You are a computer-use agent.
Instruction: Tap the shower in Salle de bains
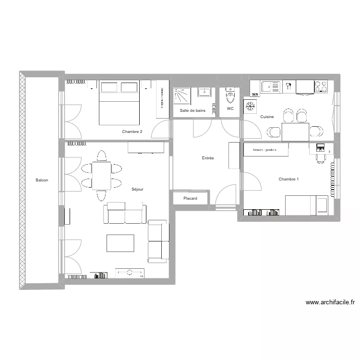(x=182, y=96)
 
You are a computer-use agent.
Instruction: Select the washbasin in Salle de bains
(x=204, y=92)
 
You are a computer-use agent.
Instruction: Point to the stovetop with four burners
(x=321, y=86)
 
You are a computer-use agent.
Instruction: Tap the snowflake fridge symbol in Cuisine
(x=250, y=105)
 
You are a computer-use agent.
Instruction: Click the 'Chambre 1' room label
(x=288, y=179)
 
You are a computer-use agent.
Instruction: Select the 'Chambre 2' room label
(x=132, y=132)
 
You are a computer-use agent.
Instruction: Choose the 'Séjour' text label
(x=137, y=189)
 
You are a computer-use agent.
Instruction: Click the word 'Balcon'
(x=41, y=180)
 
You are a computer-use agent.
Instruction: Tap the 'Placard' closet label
(x=190, y=198)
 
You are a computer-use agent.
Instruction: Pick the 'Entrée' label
(x=207, y=158)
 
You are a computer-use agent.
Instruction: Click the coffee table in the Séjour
(x=120, y=243)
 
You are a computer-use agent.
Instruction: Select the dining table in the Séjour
(x=101, y=175)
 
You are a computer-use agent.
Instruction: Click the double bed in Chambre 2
(x=119, y=103)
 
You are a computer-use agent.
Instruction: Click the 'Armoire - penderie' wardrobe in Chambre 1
(x=266, y=150)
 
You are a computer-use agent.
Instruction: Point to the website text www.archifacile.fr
(x=330, y=302)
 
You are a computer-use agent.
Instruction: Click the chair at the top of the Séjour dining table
(x=101, y=156)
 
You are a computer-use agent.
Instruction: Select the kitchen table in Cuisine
(x=295, y=132)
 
